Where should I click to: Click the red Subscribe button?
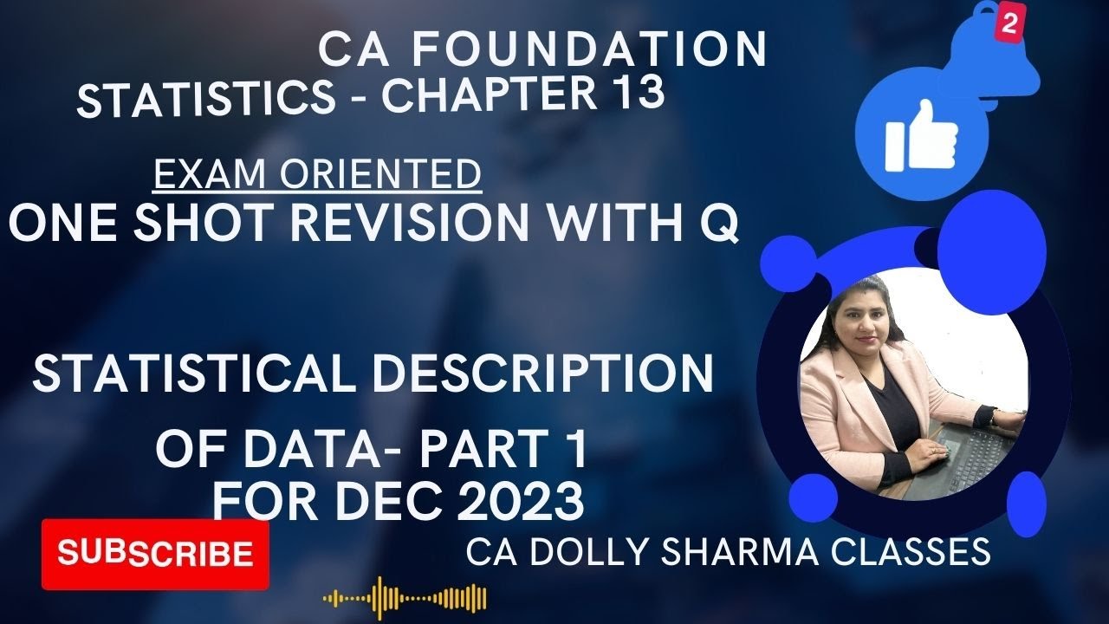(x=155, y=553)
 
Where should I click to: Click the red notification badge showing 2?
(x=1007, y=25)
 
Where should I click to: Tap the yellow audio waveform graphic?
(x=405, y=598)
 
